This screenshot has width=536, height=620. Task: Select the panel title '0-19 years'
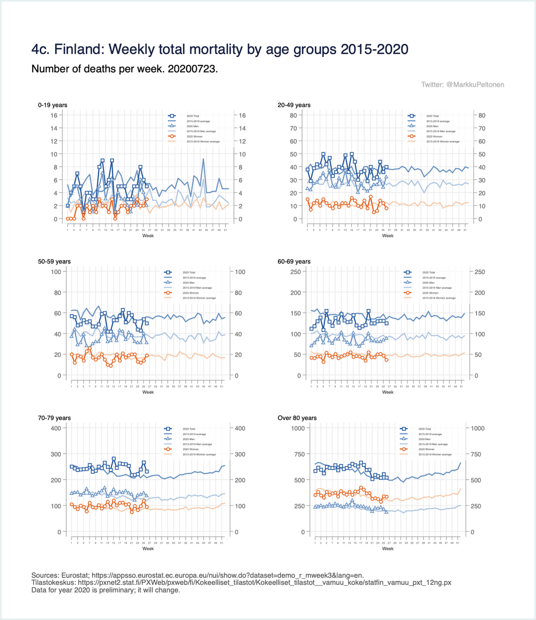click(x=53, y=105)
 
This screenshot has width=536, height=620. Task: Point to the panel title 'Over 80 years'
click(x=296, y=417)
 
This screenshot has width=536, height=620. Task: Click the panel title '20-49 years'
click(x=294, y=105)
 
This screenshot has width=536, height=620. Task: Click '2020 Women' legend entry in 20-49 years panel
click(x=430, y=136)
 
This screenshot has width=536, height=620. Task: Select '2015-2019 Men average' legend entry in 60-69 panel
click(x=434, y=287)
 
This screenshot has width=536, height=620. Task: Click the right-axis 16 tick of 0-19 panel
click(x=241, y=115)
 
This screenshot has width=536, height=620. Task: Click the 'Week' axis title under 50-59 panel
click(x=148, y=392)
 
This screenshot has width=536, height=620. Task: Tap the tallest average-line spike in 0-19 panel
click(x=203, y=159)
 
